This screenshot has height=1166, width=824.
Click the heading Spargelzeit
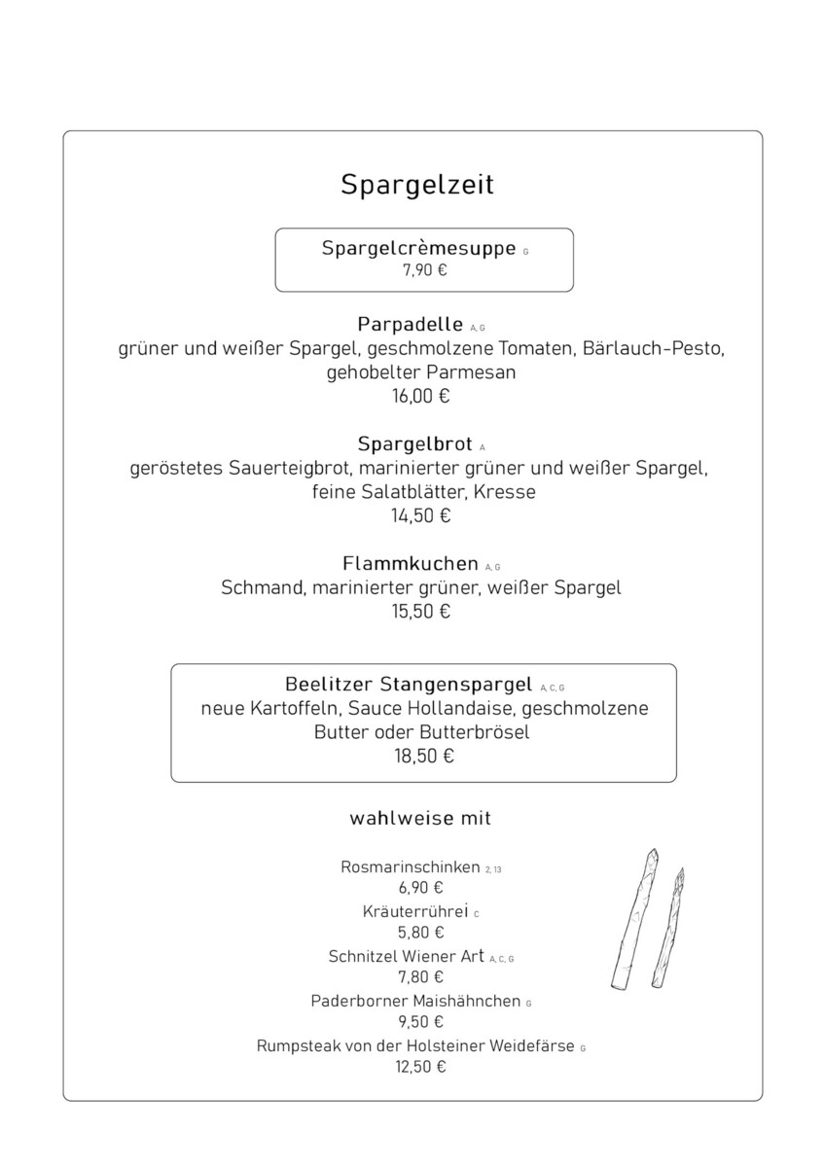point(417,185)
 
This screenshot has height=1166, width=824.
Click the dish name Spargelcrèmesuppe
point(418,249)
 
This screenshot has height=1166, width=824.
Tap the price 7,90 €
point(424,271)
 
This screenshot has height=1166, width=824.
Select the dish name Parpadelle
point(410,324)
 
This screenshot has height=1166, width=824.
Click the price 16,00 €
point(421,396)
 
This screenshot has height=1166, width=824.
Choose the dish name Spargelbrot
point(414,444)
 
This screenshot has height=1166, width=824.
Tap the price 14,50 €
point(421,516)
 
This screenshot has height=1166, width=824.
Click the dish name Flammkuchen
point(410,564)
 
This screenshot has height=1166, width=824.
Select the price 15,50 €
point(421,612)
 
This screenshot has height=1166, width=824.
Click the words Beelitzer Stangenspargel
point(409,684)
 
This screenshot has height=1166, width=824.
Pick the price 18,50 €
point(424,756)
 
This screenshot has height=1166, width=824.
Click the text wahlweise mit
point(420,818)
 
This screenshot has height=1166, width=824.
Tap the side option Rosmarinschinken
point(411,866)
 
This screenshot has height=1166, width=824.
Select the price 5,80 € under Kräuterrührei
point(420,933)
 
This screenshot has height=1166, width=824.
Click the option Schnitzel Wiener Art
point(406,956)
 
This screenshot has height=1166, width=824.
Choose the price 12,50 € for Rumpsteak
point(420,1067)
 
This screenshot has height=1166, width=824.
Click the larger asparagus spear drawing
point(633,919)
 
